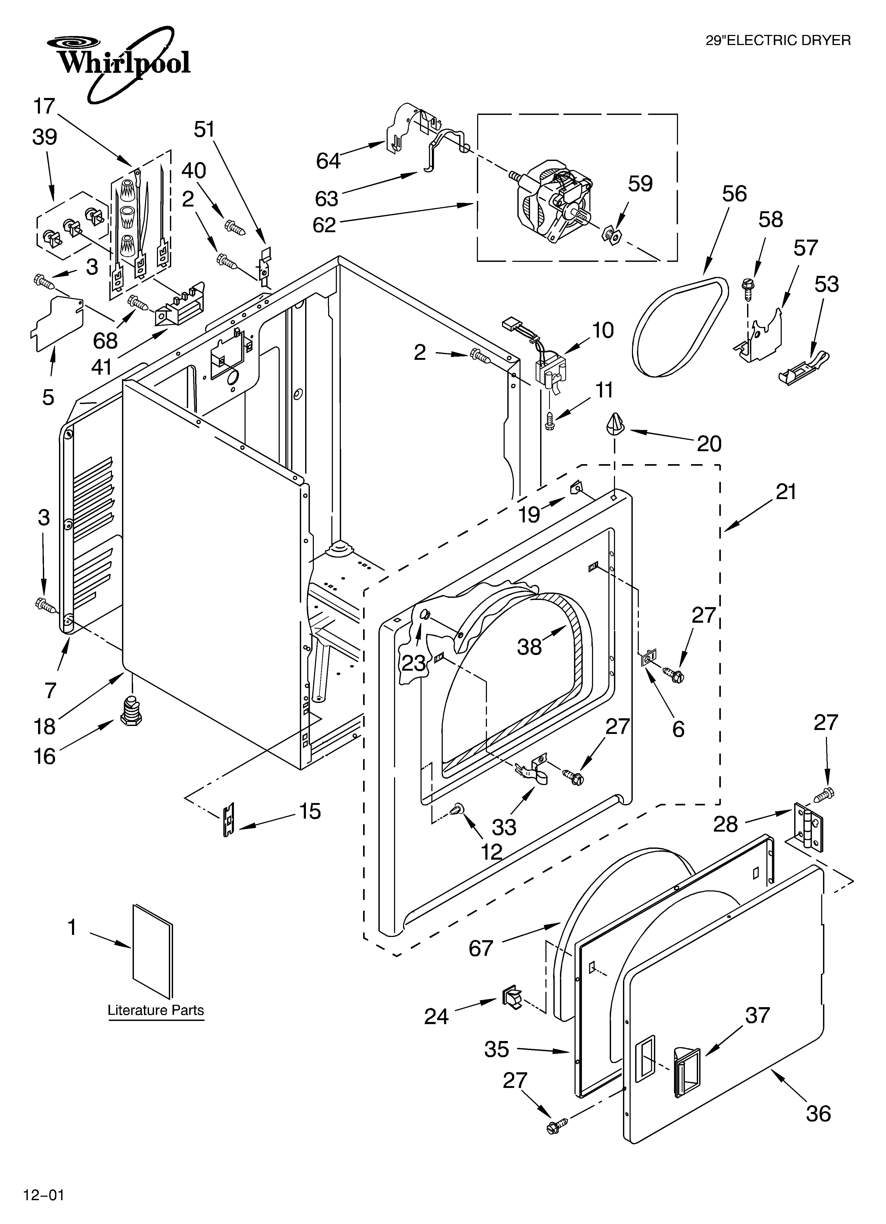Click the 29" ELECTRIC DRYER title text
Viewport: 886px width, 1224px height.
click(778, 41)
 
